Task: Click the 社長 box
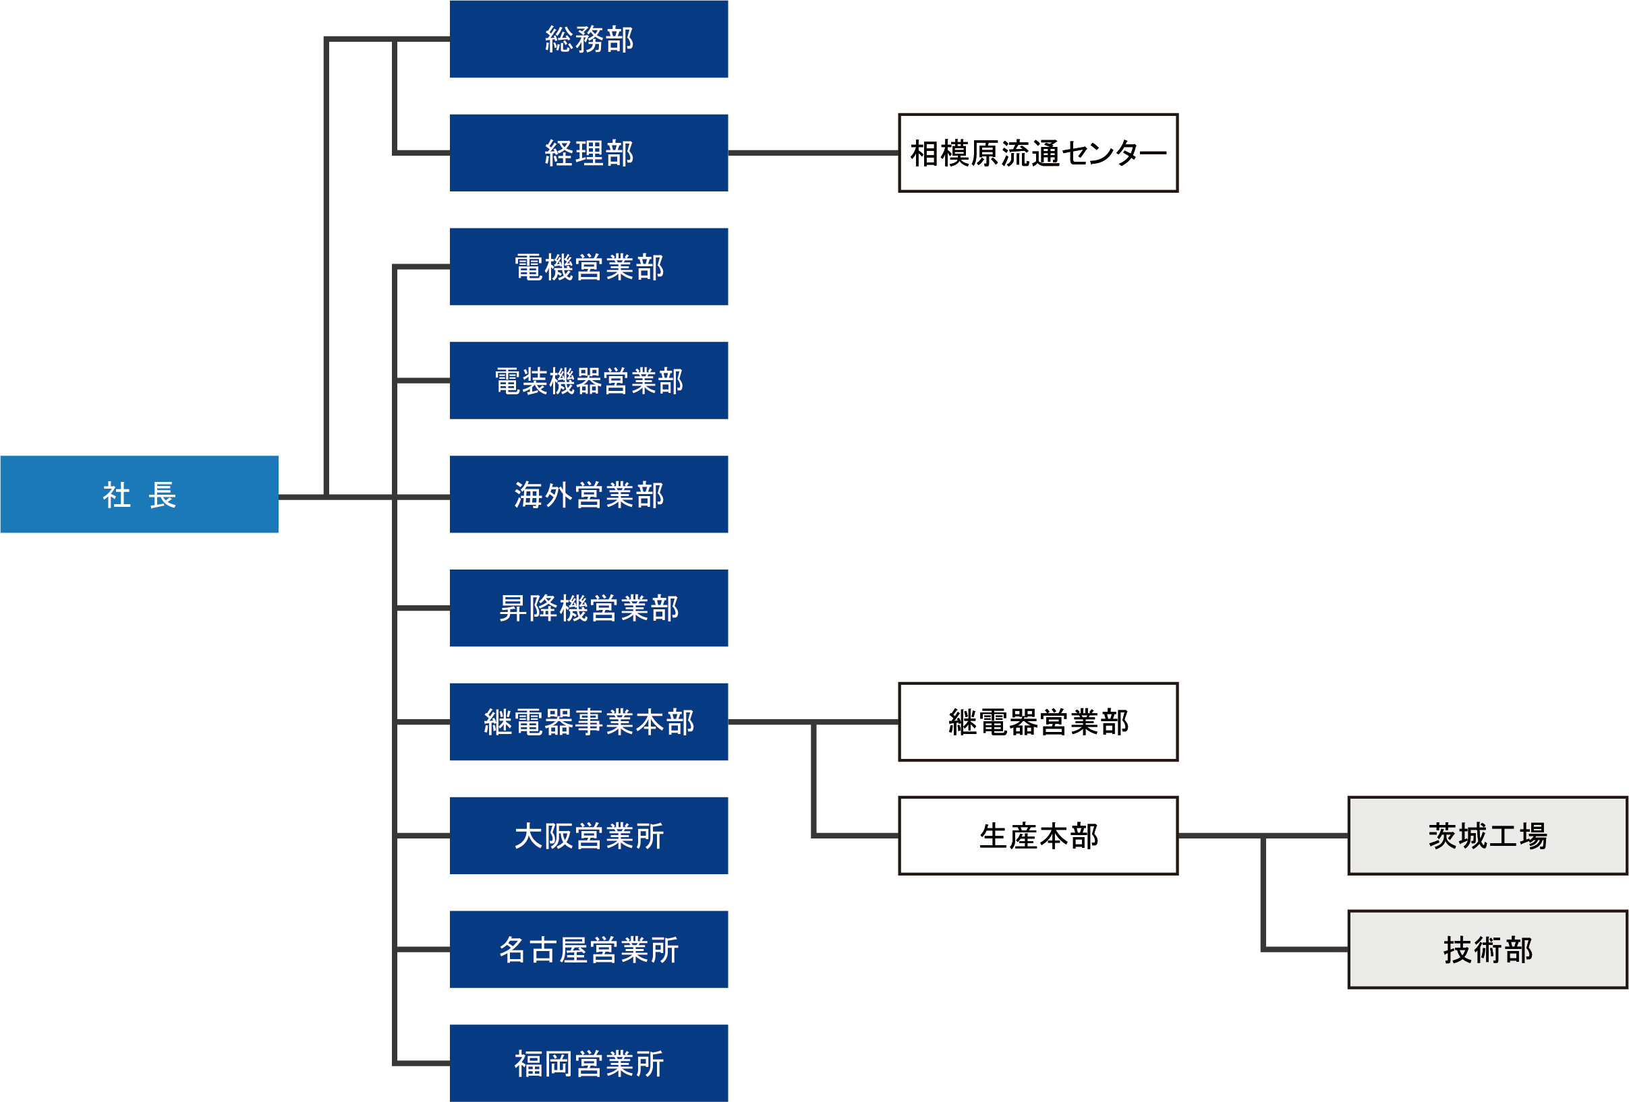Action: [x=139, y=495]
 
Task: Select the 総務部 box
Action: [x=589, y=39]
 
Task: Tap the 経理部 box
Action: [x=589, y=153]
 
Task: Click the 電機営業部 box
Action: [x=589, y=267]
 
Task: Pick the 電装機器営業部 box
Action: [x=589, y=380]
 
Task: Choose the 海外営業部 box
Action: [x=589, y=495]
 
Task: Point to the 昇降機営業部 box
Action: [x=589, y=608]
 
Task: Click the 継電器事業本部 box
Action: [x=589, y=722]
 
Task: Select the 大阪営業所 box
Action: [x=589, y=836]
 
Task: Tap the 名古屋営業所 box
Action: [x=589, y=949]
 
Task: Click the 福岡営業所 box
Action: [x=589, y=1064]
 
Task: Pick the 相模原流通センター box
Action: [x=1038, y=153]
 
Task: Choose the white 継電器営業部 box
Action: [x=1038, y=722]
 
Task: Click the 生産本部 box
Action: [x=1038, y=836]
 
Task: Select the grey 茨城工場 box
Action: [x=1487, y=836]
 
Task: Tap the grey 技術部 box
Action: [x=1487, y=949]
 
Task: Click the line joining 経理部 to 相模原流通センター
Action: [x=813, y=152]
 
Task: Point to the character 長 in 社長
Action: [x=162, y=495]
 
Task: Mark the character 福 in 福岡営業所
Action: [x=530, y=1064]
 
